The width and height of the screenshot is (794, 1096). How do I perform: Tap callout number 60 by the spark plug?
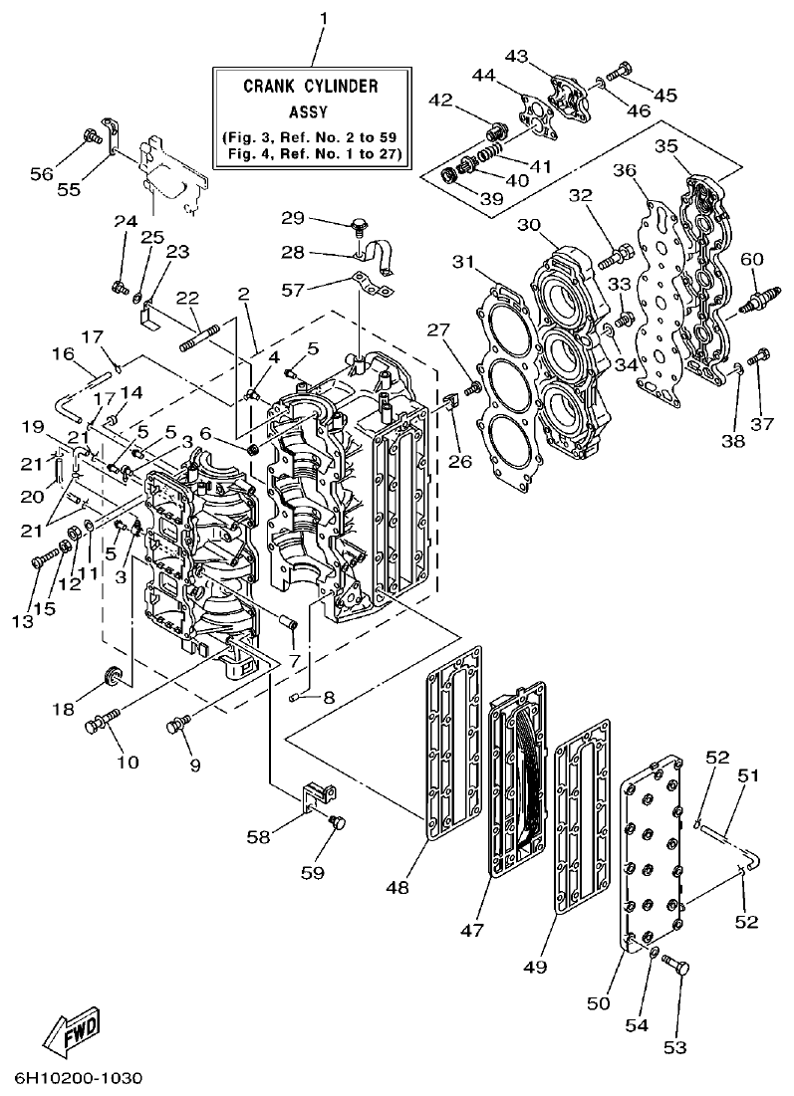point(752,260)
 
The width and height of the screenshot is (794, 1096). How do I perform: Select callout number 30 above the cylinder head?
point(529,226)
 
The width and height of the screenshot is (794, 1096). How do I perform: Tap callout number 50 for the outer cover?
point(597,1004)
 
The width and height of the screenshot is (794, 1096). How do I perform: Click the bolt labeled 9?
point(178,724)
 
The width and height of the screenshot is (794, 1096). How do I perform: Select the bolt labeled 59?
point(336,821)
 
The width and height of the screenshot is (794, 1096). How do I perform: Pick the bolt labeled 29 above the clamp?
point(355,227)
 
